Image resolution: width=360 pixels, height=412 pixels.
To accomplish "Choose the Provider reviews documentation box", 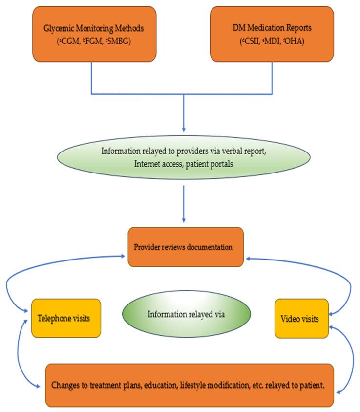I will (x=186, y=247).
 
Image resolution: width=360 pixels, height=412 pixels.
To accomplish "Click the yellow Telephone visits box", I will (x=66, y=318).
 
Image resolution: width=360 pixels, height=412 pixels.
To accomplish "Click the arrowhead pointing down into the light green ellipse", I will (x=184, y=129).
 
